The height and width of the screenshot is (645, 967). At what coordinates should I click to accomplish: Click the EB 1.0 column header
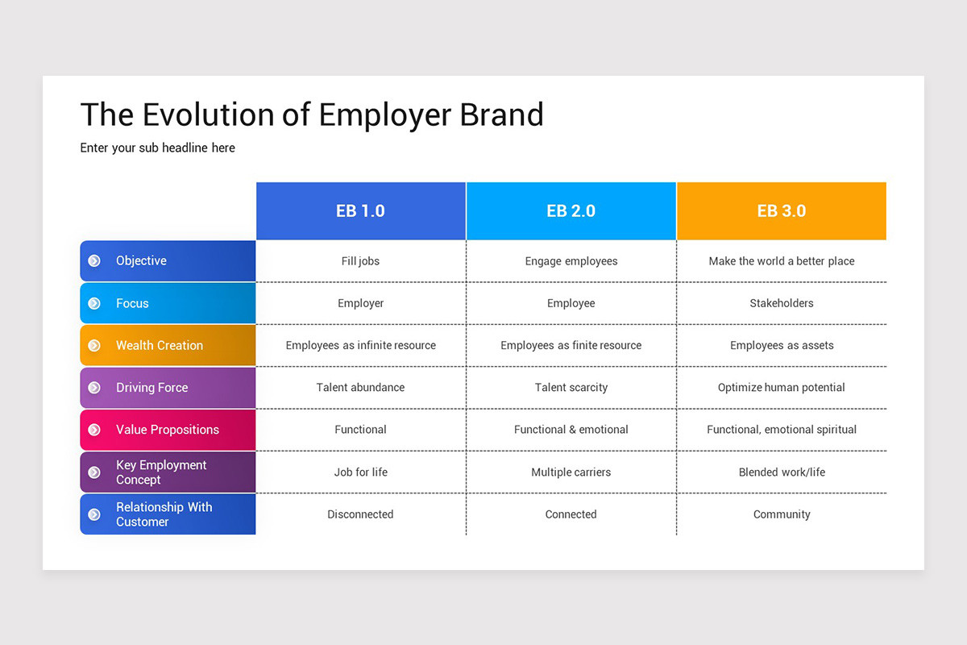pos(361,210)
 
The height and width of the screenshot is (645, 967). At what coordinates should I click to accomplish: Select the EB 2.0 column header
pos(571,210)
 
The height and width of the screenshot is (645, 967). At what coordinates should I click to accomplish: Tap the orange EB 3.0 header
pos(782,210)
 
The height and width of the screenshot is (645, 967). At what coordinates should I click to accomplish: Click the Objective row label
pos(168,261)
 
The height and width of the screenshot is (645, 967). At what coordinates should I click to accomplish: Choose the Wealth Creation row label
pos(168,345)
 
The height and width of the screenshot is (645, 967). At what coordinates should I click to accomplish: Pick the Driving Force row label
pos(168,388)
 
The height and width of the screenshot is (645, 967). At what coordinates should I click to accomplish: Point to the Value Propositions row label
pos(168,430)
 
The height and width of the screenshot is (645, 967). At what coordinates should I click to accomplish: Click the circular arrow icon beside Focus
pos(94,303)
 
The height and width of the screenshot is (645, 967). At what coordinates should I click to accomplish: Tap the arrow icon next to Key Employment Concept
pos(94,472)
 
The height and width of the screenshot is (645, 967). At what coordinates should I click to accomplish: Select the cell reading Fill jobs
pos(360,261)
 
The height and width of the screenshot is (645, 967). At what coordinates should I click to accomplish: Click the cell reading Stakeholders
pos(782,303)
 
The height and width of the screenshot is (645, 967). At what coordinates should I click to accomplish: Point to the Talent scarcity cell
pos(571,388)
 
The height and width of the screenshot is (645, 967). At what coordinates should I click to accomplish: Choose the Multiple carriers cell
pos(571,472)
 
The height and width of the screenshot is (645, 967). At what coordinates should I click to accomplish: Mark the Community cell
pos(782,514)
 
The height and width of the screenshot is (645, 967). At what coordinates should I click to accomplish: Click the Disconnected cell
pos(360,514)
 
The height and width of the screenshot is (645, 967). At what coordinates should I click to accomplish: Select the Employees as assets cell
pos(782,345)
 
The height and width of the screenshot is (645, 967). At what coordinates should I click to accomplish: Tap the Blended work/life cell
pos(782,472)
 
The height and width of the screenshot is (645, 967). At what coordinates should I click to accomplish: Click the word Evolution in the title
pos(209,114)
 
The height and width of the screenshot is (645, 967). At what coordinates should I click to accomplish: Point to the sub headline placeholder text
pos(158,148)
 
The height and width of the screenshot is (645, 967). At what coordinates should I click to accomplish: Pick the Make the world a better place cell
pos(782,261)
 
